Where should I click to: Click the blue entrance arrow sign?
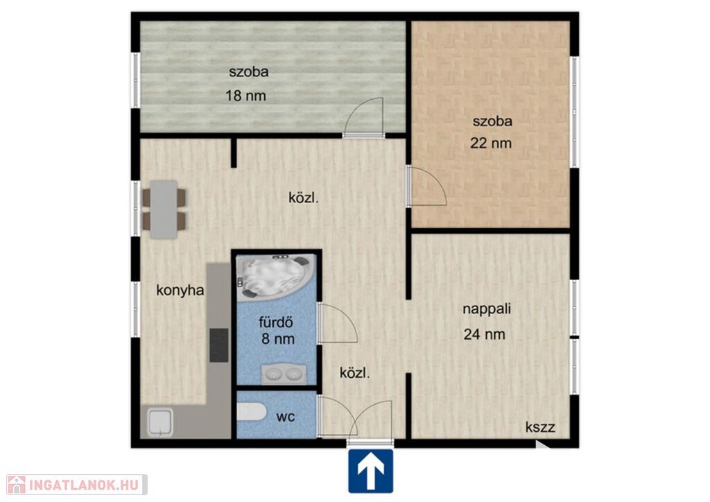click(x=370, y=471)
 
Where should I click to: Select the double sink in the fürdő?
click(x=284, y=374)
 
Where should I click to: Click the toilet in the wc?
click(x=252, y=411)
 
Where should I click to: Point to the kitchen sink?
click(x=159, y=423)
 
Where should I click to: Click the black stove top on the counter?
click(x=218, y=345)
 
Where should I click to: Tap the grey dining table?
click(x=164, y=209)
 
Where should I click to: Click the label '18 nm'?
click(x=245, y=96)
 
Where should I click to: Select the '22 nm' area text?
click(x=491, y=144)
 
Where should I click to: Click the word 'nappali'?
click(x=486, y=309)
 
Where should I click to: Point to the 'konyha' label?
click(x=180, y=290)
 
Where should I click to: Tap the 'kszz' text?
click(x=540, y=426)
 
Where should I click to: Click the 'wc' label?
click(x=285, y=417)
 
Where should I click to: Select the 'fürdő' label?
click(x=276, y=322)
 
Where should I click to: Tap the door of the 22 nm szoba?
click(x=426, y=186)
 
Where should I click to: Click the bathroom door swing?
click(x=338, y=322)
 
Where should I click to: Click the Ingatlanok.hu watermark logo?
click(x=76, y=485)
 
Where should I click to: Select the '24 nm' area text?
click(x=485, y=334)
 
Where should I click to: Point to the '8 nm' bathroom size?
click(x=278, y=338)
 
